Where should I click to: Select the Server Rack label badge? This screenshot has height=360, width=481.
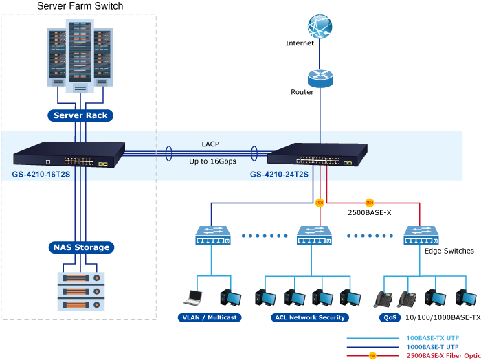click(80, 115)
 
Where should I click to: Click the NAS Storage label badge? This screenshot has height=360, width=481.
click(80, 247)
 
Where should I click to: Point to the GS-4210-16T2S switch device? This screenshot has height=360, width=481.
click(69, 155)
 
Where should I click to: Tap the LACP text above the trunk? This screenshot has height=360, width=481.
click(210, 144)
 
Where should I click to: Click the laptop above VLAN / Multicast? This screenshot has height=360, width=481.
click(193, 297)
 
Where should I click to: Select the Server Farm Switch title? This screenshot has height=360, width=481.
click(80, 6)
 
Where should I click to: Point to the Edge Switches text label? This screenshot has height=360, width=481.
click(449, 251)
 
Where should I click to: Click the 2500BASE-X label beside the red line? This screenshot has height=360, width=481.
click(369, 212)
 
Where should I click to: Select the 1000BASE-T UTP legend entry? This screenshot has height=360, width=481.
click(433, 348)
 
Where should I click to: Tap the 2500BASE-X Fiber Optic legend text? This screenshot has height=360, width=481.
click(443, 356)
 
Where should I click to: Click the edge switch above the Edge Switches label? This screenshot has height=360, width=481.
click(421, 236)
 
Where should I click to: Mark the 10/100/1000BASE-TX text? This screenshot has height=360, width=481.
click(443, 317)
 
